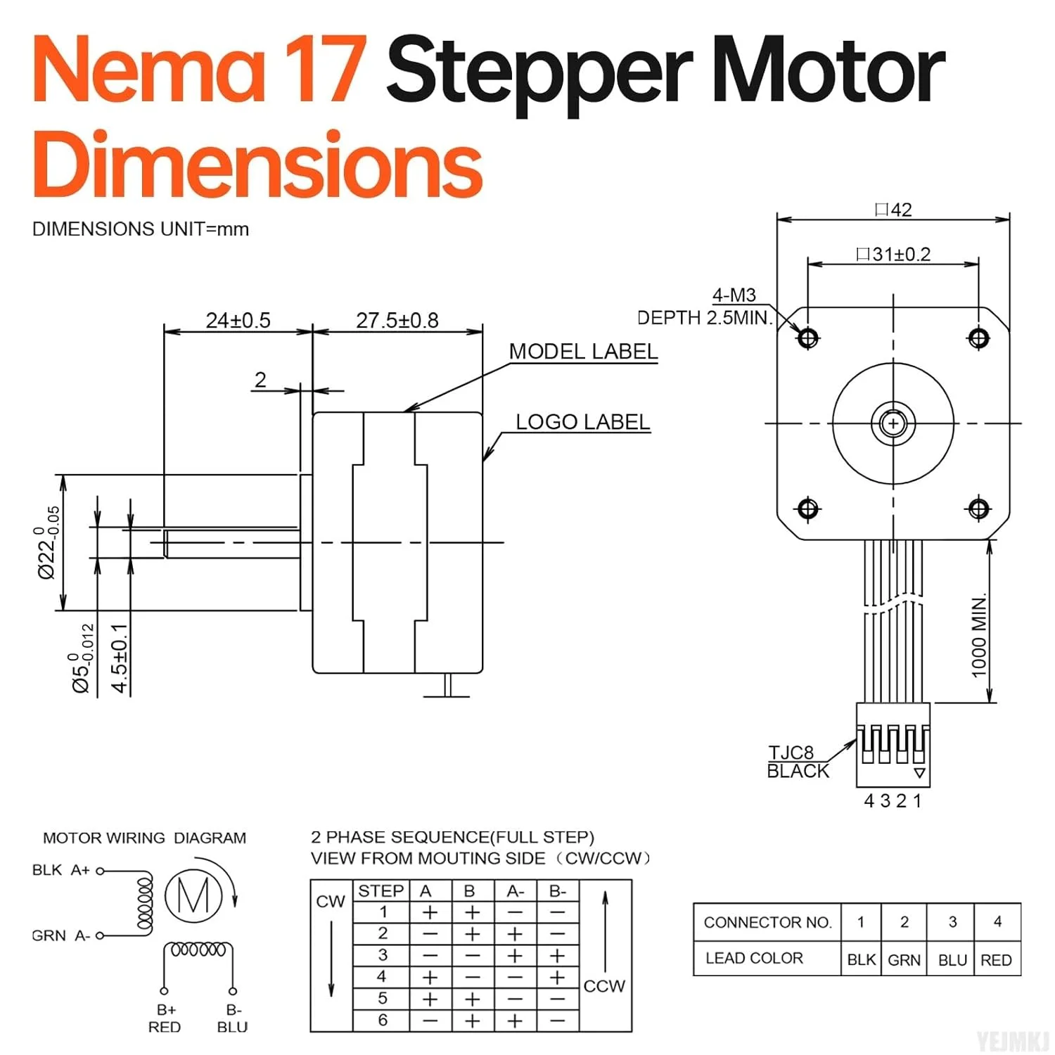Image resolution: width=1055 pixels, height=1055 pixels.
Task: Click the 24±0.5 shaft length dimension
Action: pyautogui.click(x=238, y=321)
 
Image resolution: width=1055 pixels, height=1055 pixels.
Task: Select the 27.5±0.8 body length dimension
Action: pyautogui.click(x=397, y=321)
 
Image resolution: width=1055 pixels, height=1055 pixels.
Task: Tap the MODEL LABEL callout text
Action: pyautogui.click(x=583, y=352)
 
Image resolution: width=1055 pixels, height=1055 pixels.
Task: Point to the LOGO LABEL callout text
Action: pyautogui.click(x=582, y=422)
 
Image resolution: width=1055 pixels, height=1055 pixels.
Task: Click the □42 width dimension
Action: pyautogui.click(x=893, y=210)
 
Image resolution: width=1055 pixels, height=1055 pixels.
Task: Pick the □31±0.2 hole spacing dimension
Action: pyautogui.click(x=893, y=254)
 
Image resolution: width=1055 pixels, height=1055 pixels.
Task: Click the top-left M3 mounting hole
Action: pyautogui.click(x=807, y=338)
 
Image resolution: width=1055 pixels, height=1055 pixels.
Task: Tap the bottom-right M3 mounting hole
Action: pyautogui.click(x=979, y=508)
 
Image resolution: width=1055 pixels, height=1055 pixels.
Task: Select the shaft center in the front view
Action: pyautogui.click(x=893, y=423)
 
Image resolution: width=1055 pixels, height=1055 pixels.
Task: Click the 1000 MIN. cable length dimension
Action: pyautogui.click(x=979, y=637)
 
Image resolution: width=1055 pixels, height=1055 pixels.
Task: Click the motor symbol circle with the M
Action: pyautogui.click(x=193, y=895)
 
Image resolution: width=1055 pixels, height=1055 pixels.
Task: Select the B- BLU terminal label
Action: pyautogui.click(x=233, y=1018)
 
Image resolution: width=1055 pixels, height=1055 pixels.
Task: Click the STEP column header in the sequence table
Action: pyautogui.click(x=381, y=891)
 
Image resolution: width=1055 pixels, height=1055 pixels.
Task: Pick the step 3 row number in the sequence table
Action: pyautogui.click(x=383, y=955)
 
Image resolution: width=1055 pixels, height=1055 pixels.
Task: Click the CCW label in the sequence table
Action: pyautogui.click(x=604, y=986)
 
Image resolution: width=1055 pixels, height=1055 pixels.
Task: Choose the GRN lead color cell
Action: pyautogui.click(x=904, y=960)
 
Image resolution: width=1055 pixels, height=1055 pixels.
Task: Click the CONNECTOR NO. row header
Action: pyautogui.click(x=767, y=922)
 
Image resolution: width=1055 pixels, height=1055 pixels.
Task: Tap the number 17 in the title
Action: pyautogui.click(x=326, y=70)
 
